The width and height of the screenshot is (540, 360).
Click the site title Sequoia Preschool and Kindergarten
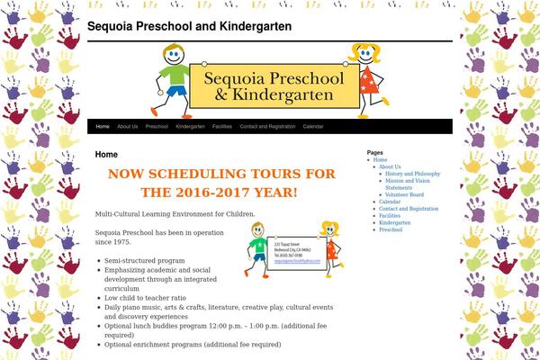189,27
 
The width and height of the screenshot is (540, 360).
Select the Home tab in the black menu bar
103,127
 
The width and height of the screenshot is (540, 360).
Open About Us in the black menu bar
127,127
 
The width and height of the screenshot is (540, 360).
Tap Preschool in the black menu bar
157,127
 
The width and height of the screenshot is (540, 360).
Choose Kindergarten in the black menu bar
190,127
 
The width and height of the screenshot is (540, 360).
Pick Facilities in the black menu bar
221,127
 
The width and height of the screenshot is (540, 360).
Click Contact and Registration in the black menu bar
267,127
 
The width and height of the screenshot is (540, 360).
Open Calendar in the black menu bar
313,127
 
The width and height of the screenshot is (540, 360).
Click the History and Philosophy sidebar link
412,174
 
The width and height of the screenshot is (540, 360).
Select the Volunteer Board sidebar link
404,194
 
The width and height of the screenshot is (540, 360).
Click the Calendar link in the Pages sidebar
390,202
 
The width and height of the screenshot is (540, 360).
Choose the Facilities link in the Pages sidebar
390,216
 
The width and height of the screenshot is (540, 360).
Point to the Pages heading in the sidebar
375,153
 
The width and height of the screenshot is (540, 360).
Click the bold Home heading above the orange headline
106,155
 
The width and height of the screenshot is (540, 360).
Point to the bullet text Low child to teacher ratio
145,297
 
